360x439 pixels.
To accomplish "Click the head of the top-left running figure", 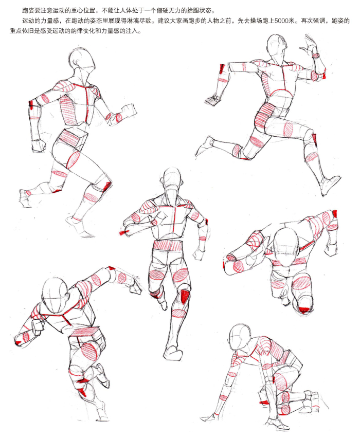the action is pyautogui.click(x=82, y=60).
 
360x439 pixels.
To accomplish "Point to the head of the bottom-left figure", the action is pyautogui.click(x=55, y=296).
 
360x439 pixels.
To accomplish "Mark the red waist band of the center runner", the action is pyautogui.click(x=168, y=245).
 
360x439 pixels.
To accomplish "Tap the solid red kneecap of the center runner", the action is pyautogui.click(x=185, y=296).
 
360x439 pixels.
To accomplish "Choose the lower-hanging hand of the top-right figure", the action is pyautogui.click(x=213, y=100).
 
